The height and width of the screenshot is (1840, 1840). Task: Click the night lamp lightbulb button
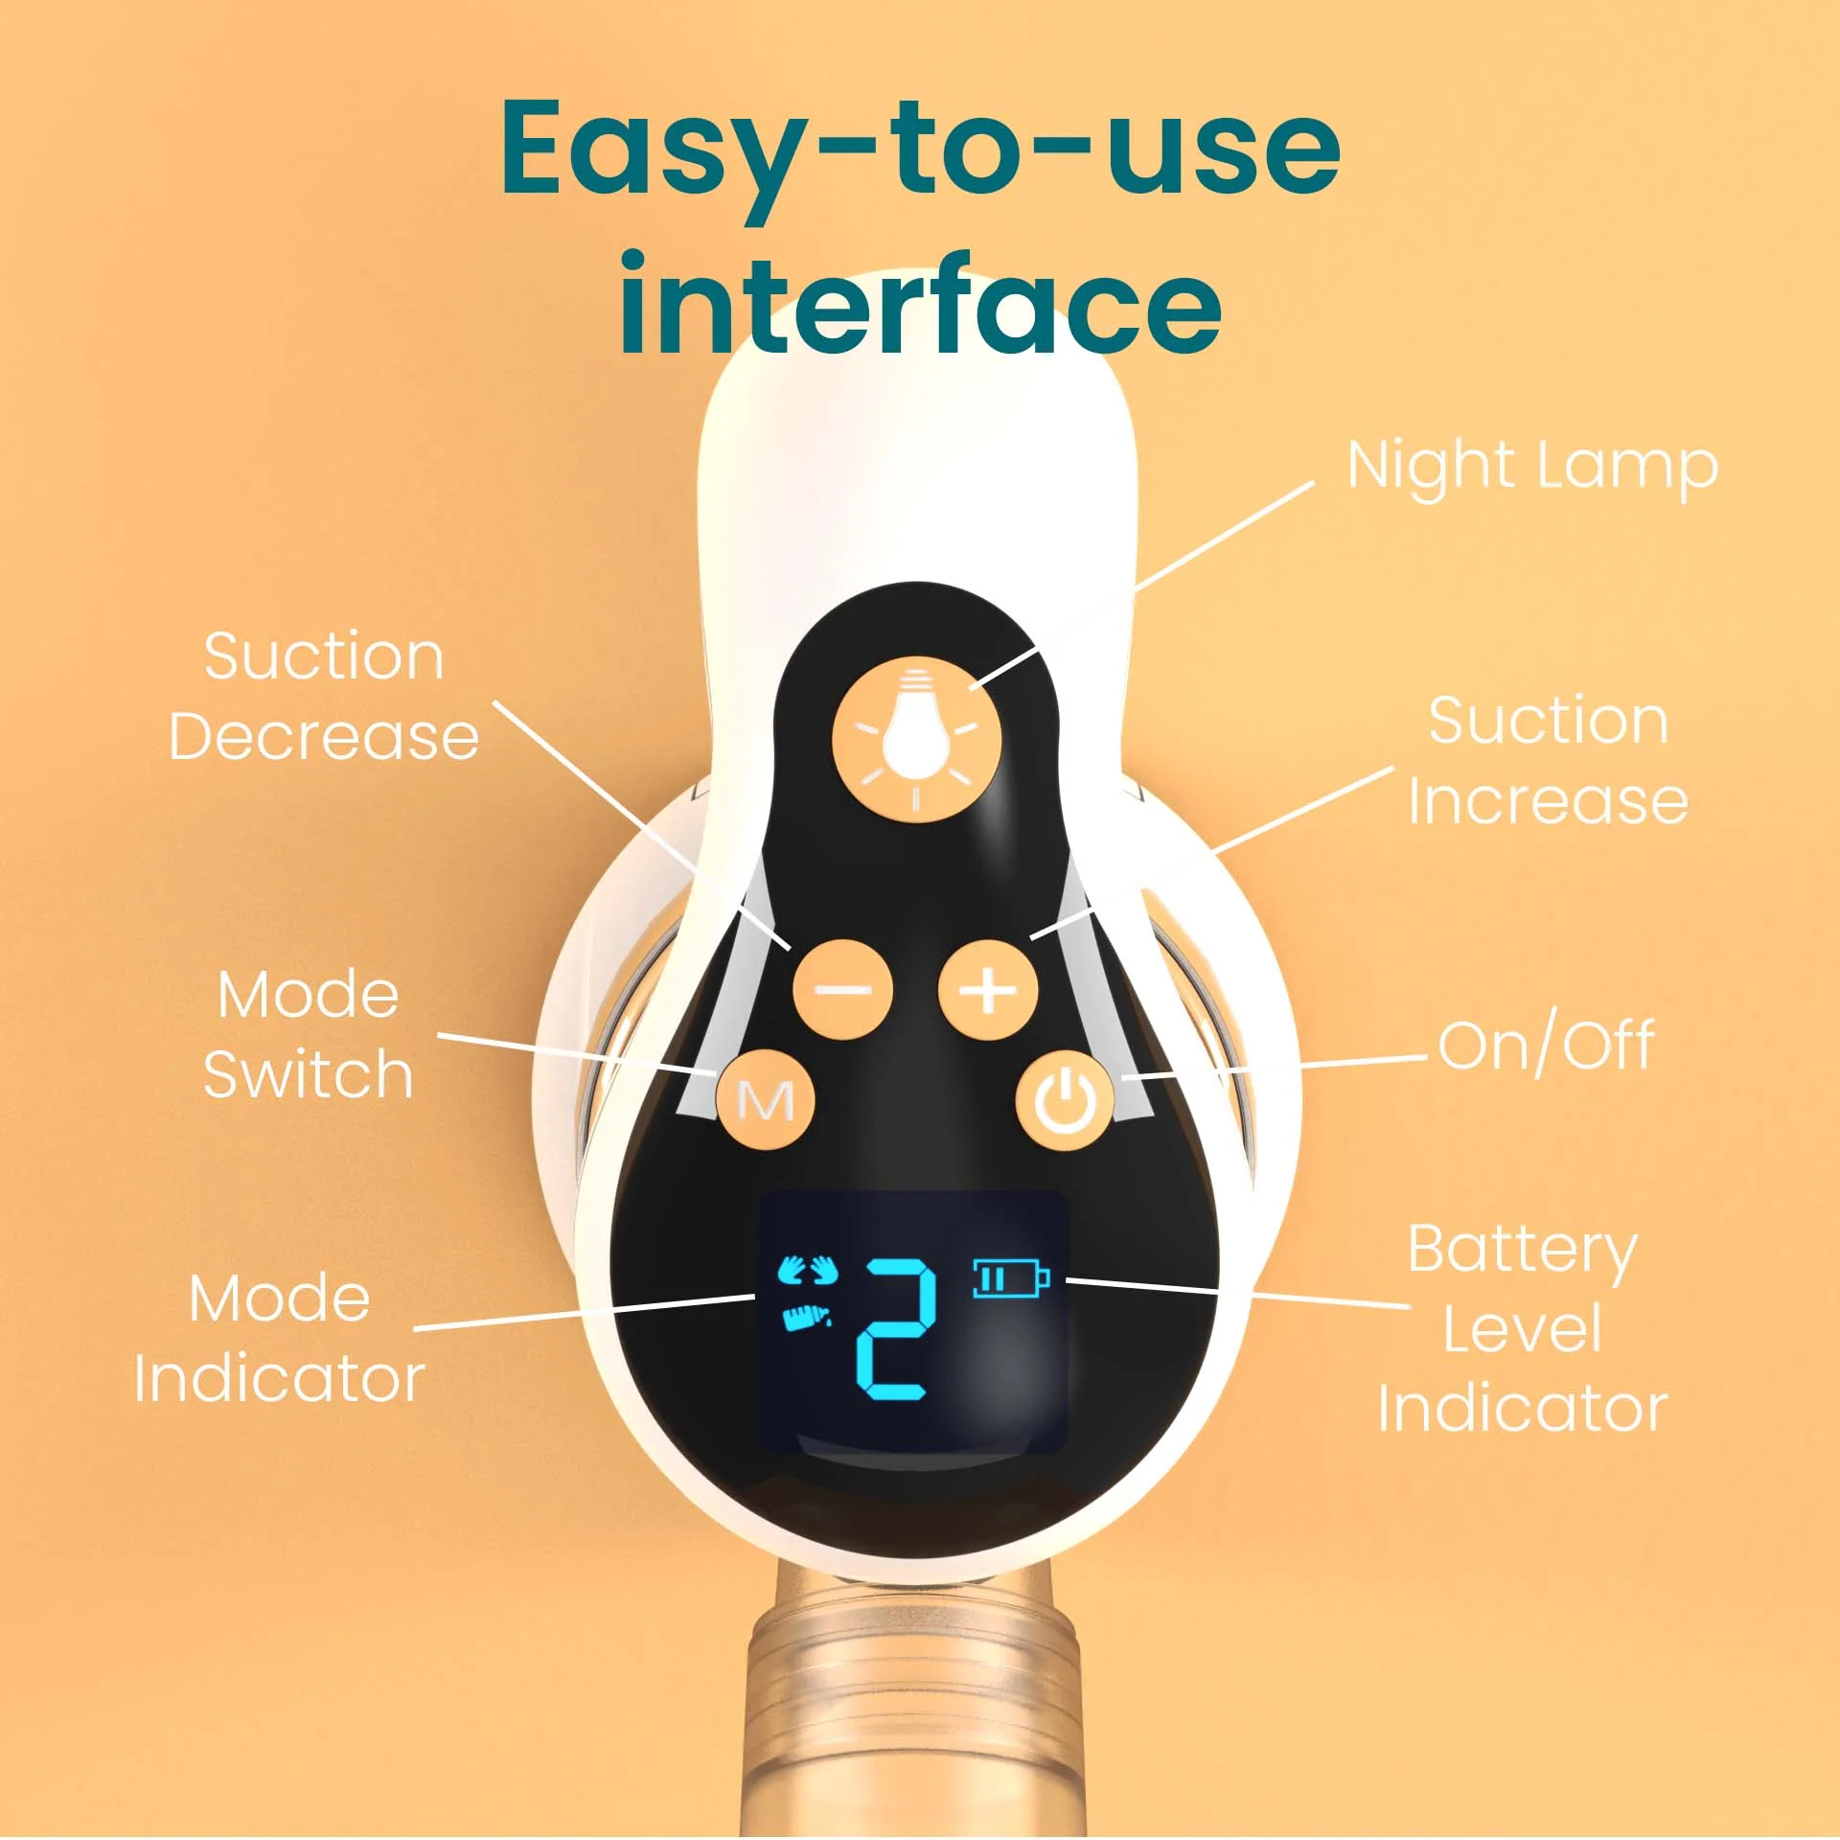[x=916, y=739]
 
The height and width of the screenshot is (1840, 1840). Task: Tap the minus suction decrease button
[x=842, y=989]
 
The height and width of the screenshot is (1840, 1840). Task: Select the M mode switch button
[x=766, y=1099]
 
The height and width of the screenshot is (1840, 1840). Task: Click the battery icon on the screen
[x=1011, y=1277]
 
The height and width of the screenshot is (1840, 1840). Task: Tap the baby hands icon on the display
[x=808, y=1271]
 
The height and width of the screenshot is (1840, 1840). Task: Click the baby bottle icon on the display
[x=806, y=1318]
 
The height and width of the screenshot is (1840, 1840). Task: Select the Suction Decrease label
[x=324, y=696]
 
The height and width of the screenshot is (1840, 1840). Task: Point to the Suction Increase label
[x=1548, y=760]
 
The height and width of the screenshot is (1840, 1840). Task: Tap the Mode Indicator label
[x=279, y=1338]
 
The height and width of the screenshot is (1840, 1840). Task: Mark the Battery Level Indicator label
[x=1523, y=1328]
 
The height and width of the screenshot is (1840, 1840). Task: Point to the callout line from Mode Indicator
[x=585, y=1313]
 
